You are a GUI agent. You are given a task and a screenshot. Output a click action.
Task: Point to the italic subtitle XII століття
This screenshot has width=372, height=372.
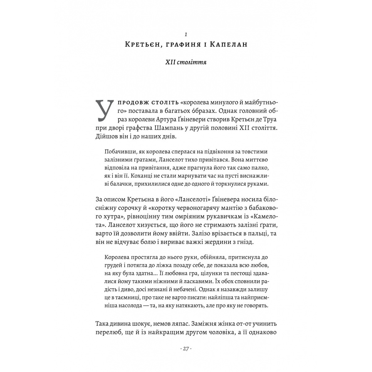tap(186, 62)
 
